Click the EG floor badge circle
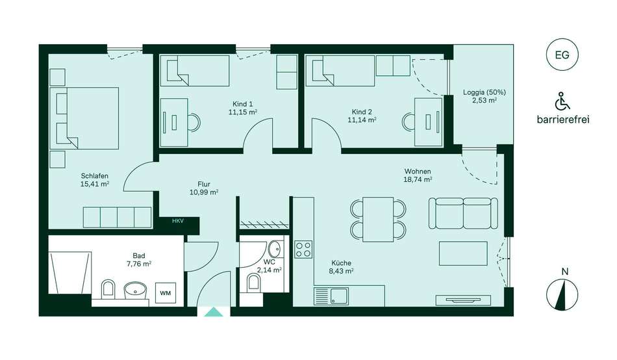click(x=562, y=55)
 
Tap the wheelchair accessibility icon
click(x=562, y=101)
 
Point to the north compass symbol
click(x=562, y=294)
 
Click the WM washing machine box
click(x=166, y=293)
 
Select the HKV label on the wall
click(x=178, y=221)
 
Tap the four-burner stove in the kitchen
click(x=303, y=250)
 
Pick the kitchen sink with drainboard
click(x=331, y=296)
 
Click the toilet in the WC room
click(x=254, y=283)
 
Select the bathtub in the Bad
click(x=70, y=272)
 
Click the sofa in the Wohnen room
click(x=463, y=213)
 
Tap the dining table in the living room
click(x=378, y=220)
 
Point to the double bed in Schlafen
click(x=84, y=118)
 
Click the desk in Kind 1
click(x=175, y=123)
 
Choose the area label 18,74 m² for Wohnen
click(x=418, y=179)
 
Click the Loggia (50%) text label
click(x=485, y=92)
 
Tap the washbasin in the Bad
click(x=136, y=291)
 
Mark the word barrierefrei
click(x=563, y=120)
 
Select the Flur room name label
click(x=204, y=184)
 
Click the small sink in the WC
click(x=275, y=249)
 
